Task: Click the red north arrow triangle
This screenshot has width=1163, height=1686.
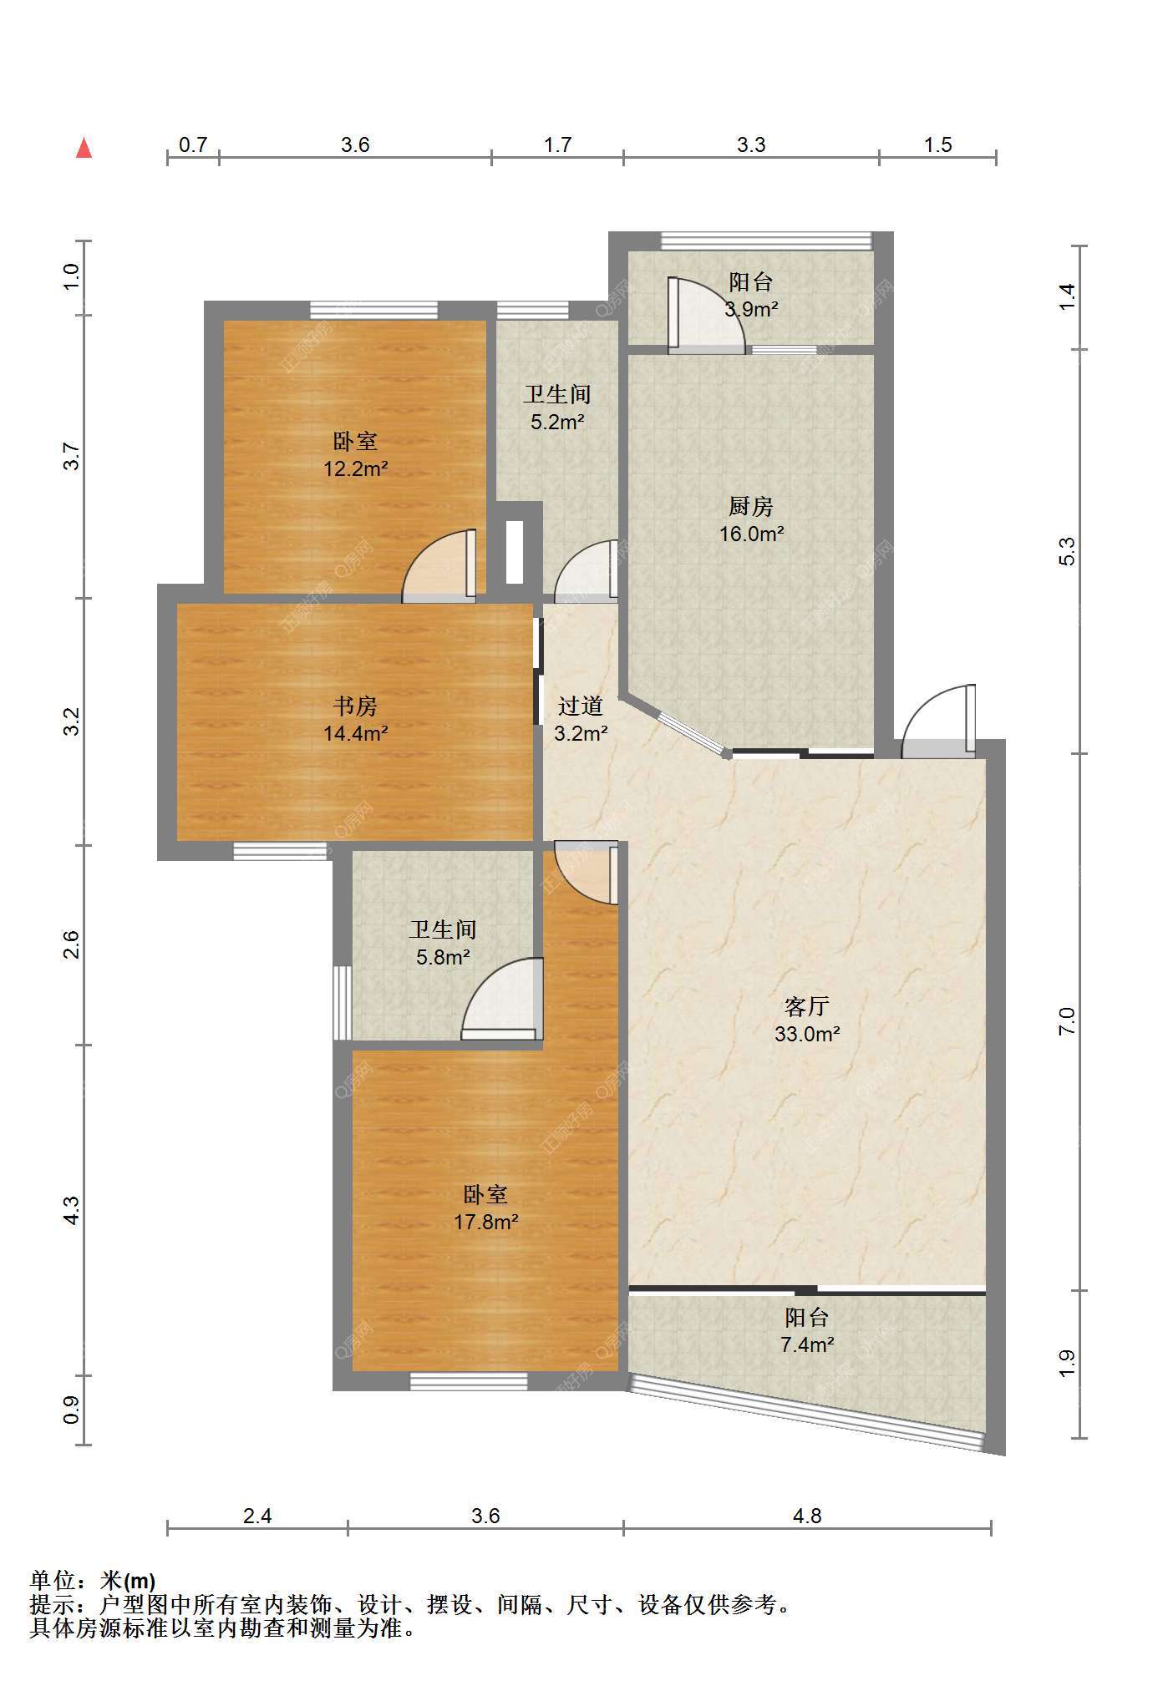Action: [84, 148]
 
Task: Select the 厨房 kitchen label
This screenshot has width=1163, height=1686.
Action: [750, 506]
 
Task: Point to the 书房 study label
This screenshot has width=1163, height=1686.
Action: [355, 706]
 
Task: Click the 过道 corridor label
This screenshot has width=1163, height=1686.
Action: [580, 706]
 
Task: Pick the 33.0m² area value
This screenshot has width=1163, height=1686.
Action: [806, 1034]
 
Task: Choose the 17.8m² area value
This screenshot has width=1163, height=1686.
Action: [485, 1223]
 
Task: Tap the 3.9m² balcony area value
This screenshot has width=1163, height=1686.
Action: [750, 310]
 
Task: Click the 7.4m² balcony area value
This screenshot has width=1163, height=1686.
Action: [806, 1344]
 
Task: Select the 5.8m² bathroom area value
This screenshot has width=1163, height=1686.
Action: [443, 957]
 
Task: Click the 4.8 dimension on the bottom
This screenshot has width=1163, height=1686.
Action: [807, 1516]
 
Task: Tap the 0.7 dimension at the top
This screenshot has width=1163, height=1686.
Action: [193, 145]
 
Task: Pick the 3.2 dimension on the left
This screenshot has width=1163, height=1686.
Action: [72, 721]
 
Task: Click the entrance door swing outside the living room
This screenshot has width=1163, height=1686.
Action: [938, 721]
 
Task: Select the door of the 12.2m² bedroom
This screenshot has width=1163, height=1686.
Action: [439, 565]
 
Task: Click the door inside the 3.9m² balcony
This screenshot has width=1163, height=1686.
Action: [706, 314]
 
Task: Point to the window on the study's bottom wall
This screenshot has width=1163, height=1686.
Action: [279, 851]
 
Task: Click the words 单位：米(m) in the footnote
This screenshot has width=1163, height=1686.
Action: [93, 1581]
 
